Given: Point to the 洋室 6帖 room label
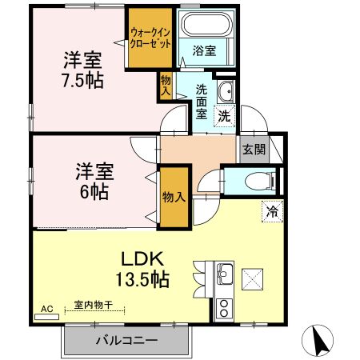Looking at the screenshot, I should pos(94,181).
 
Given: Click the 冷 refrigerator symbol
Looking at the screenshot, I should pos(272,212).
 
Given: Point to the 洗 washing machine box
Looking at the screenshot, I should pos(225,114).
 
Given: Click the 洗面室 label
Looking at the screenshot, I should pos(202,102).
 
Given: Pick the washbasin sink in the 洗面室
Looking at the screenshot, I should pos(226,88).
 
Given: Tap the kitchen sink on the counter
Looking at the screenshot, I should pos(224,274).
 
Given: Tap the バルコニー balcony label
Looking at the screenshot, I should pos(127,340).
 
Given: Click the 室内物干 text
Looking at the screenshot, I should pos(94,305).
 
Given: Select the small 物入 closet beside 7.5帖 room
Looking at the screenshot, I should pos(166,85).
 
